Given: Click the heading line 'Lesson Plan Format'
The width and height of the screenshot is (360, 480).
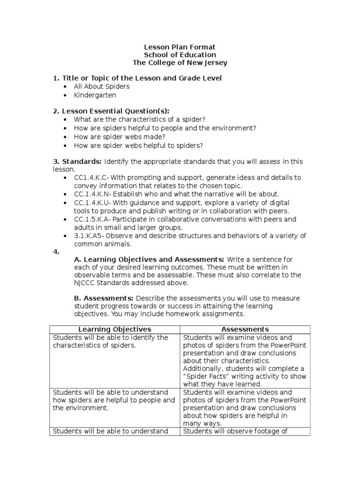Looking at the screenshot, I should (x=180, y=47).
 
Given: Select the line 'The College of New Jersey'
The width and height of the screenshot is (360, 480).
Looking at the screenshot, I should (x=180, y=63).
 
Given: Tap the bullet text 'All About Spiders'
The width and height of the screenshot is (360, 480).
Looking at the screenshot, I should (x=101, y=87).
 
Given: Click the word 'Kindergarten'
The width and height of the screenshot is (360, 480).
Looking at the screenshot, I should (x=95, y=95).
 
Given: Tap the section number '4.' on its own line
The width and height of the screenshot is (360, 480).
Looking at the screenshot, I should (x=56, y=252).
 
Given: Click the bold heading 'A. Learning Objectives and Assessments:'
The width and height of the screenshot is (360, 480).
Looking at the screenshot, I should (x=149, y=259).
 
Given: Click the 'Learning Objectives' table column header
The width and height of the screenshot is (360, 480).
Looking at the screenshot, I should (x=114, y=330).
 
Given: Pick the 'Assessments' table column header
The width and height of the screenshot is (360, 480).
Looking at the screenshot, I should (x=245, y=330).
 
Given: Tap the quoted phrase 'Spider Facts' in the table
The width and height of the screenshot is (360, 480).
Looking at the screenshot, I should (x=205, y=376).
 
